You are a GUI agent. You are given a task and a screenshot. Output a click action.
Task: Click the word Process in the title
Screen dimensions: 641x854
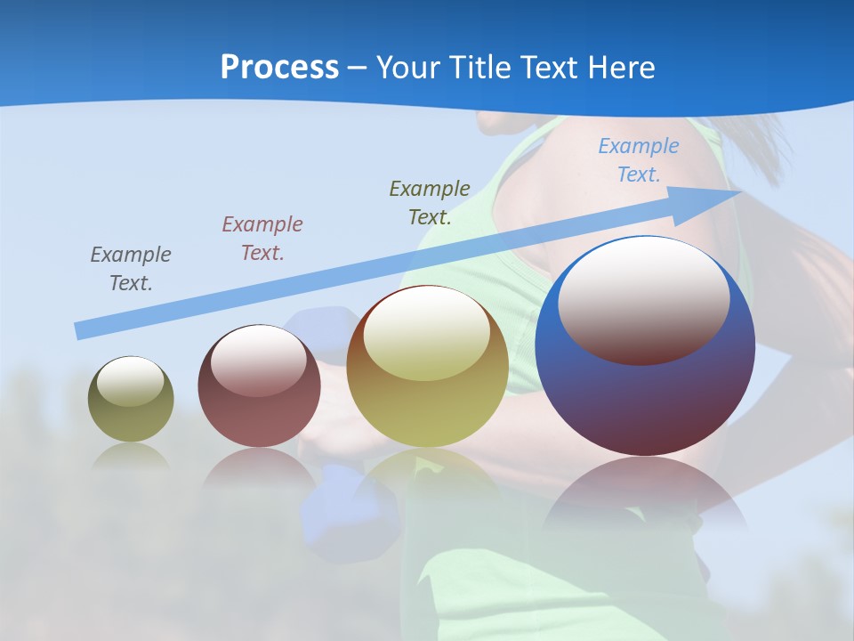(x=279, y=68)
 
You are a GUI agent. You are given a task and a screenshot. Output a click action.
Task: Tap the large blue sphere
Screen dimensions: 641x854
(x=645, y=392)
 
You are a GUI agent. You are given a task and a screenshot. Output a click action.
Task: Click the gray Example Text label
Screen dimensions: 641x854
(x=131, y=268)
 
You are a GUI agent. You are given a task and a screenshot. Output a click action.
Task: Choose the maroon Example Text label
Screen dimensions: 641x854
(x=262, y=238)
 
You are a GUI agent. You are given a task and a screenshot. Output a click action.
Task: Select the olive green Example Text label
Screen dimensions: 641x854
(x=430, y=202)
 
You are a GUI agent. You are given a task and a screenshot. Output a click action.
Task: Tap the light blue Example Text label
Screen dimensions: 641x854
(x=639, y=159)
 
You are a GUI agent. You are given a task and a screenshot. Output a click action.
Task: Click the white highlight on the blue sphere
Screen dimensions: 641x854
(x=644, y=298)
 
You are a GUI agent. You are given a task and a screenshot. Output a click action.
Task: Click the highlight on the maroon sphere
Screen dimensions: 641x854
(x=258, y=361)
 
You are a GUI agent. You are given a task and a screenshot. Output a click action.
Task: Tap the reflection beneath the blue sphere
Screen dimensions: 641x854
(x=645, y=494)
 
